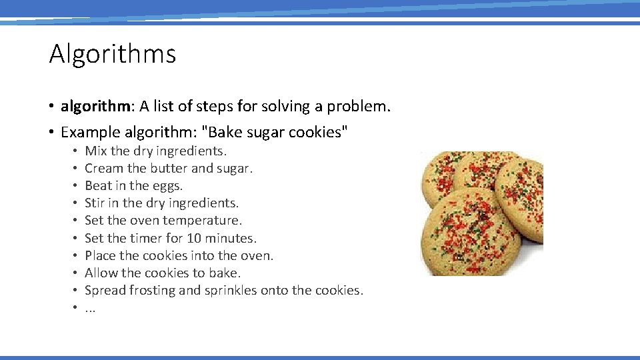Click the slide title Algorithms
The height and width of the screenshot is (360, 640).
(113, 54)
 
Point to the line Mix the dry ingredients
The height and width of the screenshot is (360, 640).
(156, 151)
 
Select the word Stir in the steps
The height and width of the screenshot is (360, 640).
(95, 203)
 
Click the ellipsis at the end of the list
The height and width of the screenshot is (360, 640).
(90, 309)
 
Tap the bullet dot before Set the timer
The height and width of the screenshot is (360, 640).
(77, 239)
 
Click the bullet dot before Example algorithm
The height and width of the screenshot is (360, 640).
(51, 133)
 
